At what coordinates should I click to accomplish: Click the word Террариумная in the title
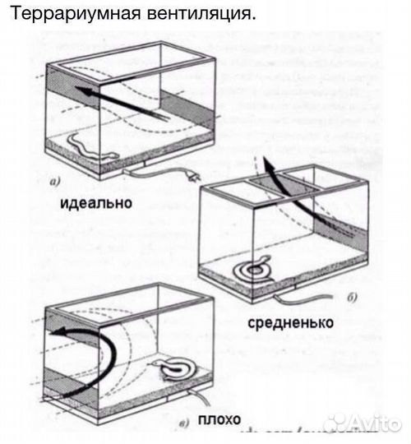62,14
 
